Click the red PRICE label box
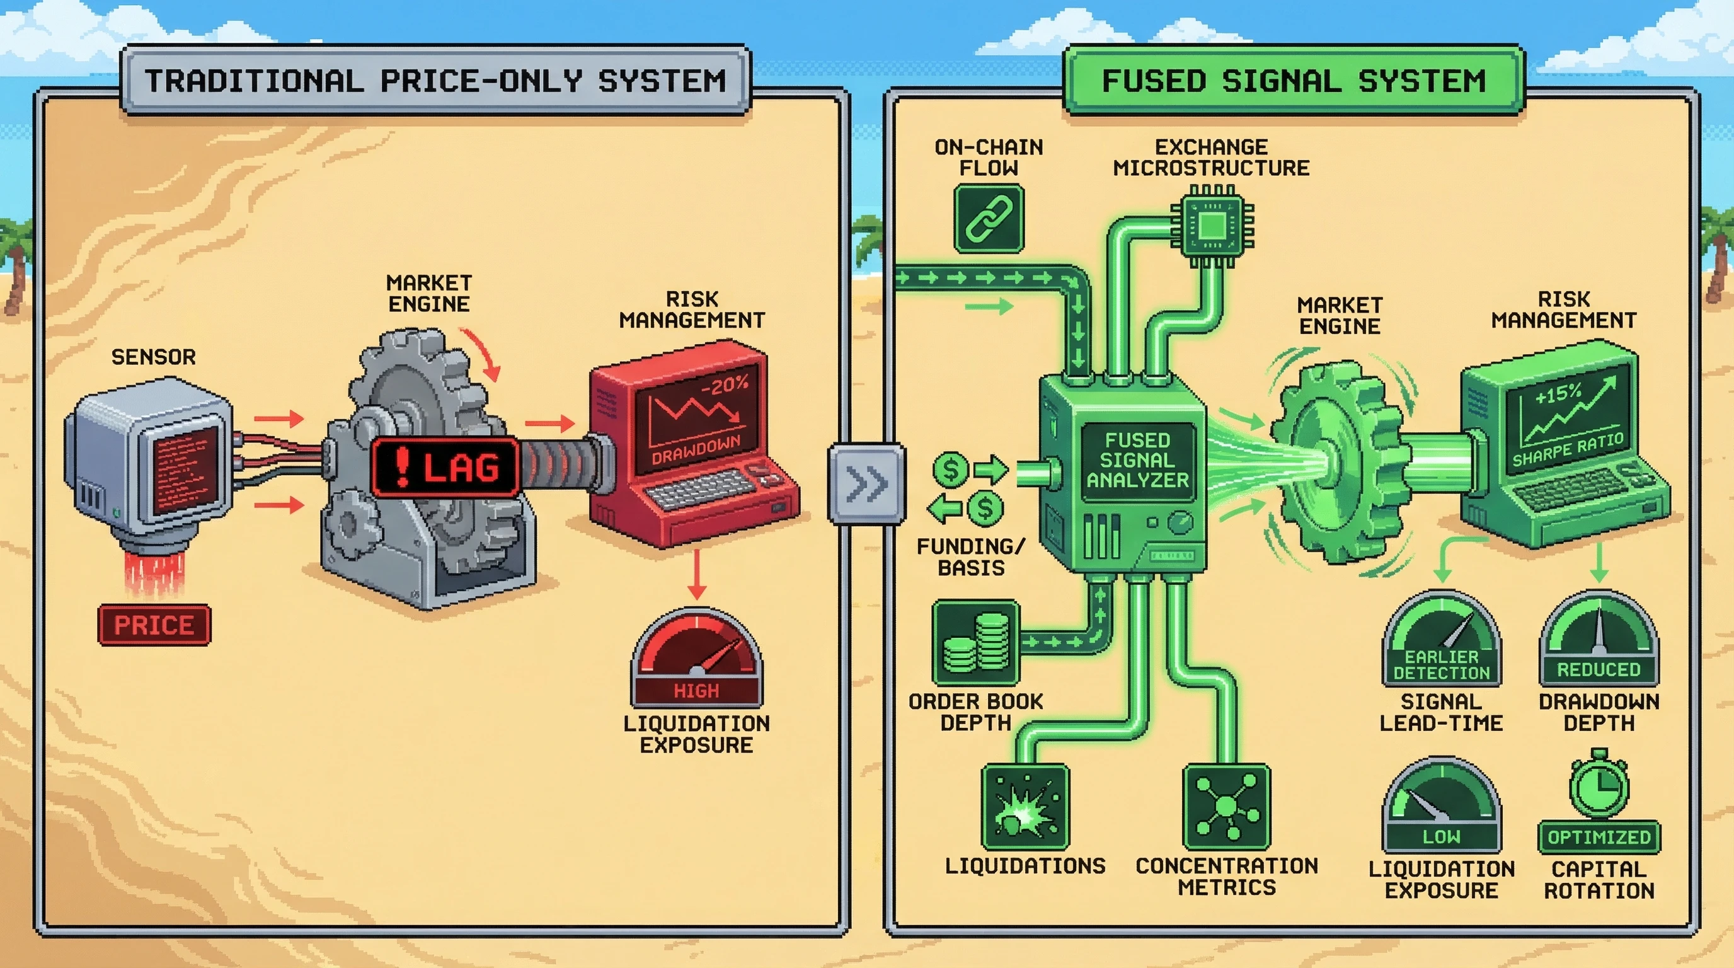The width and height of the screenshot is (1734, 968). (154, 625)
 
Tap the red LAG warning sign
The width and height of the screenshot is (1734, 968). (445, 467)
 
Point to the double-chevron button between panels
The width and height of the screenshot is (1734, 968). (866, 483)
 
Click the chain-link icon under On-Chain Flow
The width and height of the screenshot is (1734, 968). (989, 219)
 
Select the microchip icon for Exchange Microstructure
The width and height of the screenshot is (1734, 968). (1212, 227)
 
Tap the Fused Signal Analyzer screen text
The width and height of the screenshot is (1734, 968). (1137, 461)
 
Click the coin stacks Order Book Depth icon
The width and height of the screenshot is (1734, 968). (976, 643)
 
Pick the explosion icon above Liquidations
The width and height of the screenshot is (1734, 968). (1025, 807)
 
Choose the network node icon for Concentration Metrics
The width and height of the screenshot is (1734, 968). (1226, 807)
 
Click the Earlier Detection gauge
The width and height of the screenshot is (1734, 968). (1441, 640)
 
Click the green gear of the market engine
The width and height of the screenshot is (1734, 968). (1336, 464)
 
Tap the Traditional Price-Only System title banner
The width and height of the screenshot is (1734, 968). (435, 81)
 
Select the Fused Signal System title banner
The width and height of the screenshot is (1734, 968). (1293, 81)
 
